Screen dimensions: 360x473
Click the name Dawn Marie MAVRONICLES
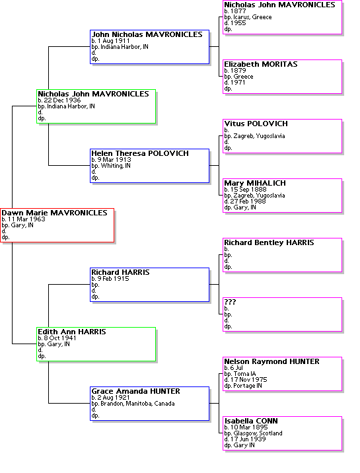[54, 213]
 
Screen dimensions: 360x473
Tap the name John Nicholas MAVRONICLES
[147, 35]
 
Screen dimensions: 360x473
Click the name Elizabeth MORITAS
[261, 64]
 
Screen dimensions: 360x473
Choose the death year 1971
[238, 83]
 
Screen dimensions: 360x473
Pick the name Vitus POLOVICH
[256, 124]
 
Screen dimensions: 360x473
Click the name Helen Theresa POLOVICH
[140, 153]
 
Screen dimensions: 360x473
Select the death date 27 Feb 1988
[248, 201]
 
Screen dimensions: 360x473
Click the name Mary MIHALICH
[255, 183]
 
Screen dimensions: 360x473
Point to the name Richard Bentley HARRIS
[269, 242]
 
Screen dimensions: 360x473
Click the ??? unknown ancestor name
[230, 302]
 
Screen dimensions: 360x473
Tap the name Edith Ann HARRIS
[72, 332]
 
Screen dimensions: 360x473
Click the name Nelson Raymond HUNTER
[271, 361]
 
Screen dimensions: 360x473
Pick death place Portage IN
[248, 386]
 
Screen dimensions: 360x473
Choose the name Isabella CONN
[251, 421]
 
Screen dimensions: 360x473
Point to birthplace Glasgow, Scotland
[258, 433]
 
